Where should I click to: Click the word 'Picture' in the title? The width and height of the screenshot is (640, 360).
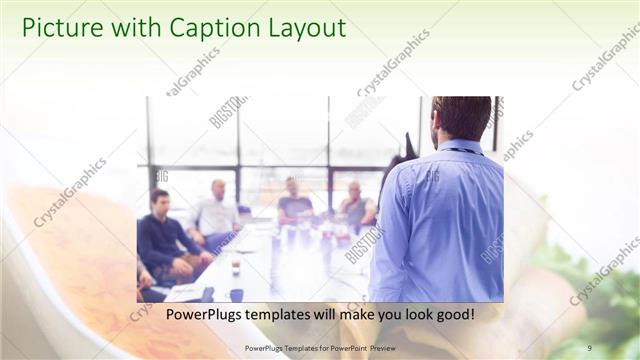pyautogui.click(x=60, y=29)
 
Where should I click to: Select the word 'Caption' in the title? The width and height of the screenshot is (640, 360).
pyautogui.click(x=205, y=29)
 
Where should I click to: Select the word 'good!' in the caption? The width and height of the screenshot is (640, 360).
pyautogui.click(x=453, y=315)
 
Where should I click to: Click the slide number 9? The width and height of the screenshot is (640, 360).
pyautogui.click(x=589, y=348)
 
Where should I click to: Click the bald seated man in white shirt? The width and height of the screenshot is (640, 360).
pyautogui.click(x=217, y=210)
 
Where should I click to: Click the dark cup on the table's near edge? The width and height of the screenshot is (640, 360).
pyautogui.click(x=236, y=295)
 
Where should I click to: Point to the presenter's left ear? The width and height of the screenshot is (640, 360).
pyautogui.click(x=437, y=125)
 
